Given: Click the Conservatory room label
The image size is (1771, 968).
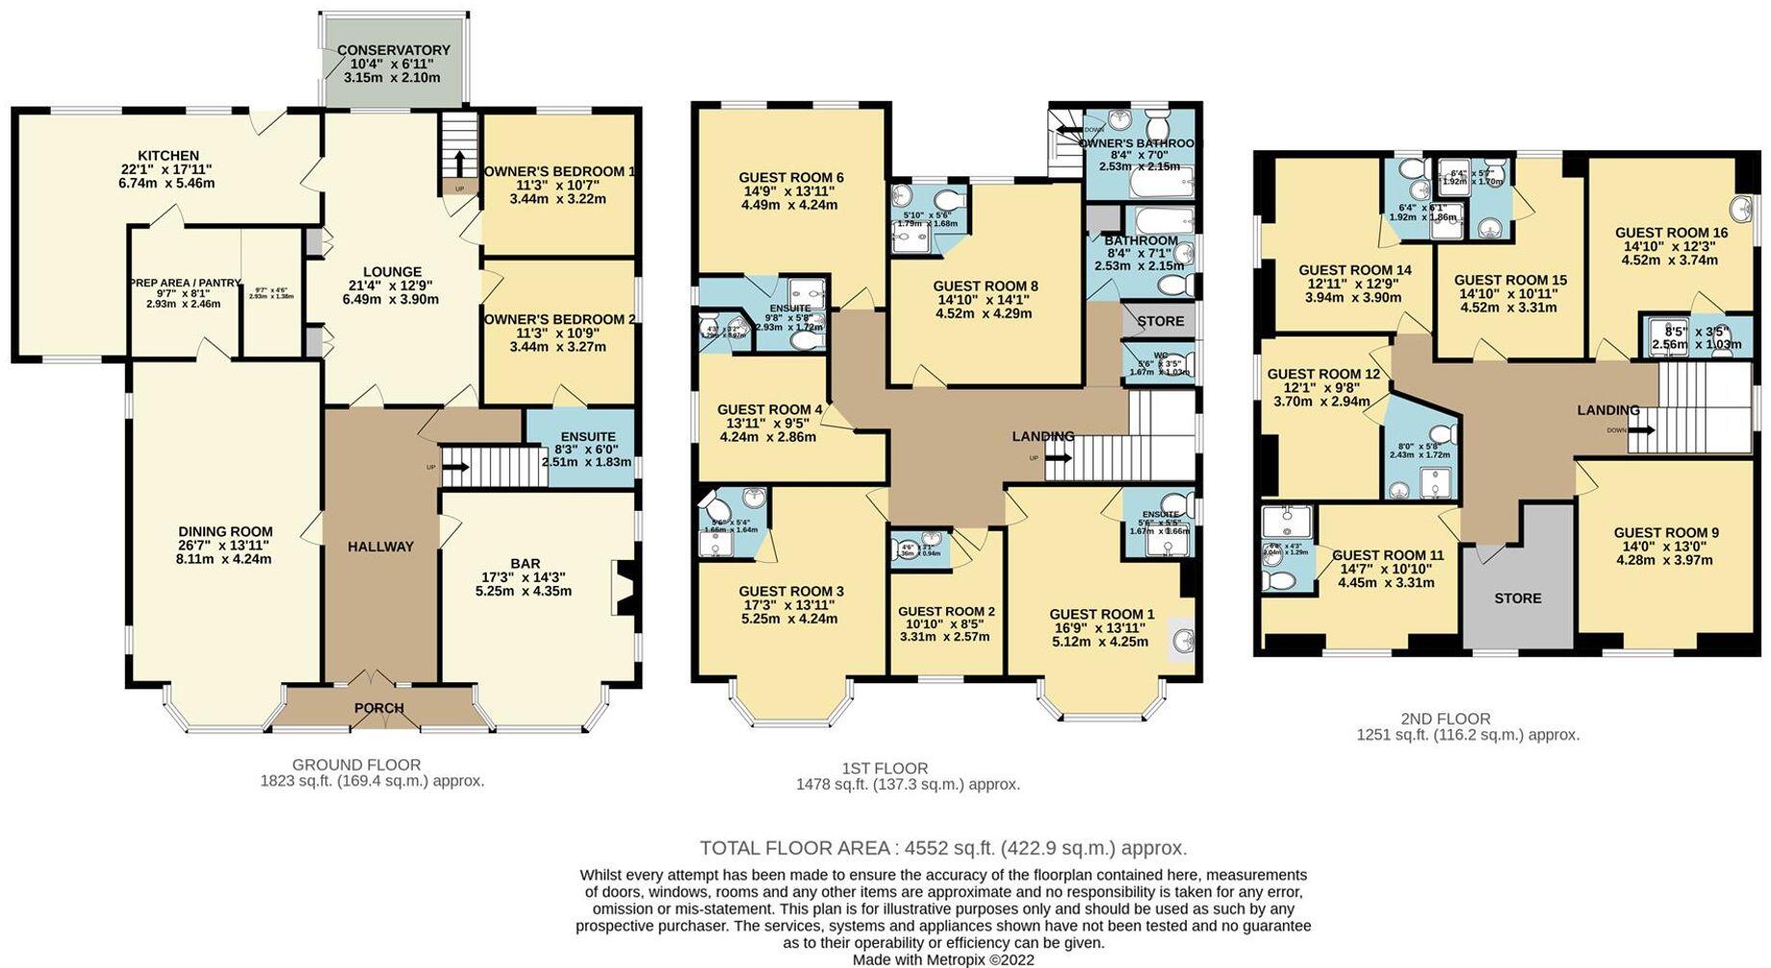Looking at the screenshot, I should point(393,50).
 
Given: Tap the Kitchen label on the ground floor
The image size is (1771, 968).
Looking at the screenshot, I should point(167,155).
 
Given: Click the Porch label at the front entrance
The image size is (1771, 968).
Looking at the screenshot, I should point(378,708).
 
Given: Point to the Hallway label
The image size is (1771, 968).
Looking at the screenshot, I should point(380,547).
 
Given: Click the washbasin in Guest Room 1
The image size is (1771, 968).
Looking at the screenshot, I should point(1183,640).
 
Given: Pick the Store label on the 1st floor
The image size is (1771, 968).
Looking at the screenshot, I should point(1160,320).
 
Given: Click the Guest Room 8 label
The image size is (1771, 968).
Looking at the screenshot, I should point(985,286).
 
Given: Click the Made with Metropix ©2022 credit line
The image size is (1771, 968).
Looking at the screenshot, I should point(943,959).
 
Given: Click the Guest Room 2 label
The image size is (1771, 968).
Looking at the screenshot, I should point(945,611).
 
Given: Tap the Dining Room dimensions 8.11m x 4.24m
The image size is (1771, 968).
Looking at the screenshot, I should point(224,558).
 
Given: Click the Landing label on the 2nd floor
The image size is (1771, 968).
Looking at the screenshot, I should point(1607,410).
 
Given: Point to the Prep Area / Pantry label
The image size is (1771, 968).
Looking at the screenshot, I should point(185,283).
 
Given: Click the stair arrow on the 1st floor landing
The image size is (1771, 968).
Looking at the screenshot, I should point(1057,459).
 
